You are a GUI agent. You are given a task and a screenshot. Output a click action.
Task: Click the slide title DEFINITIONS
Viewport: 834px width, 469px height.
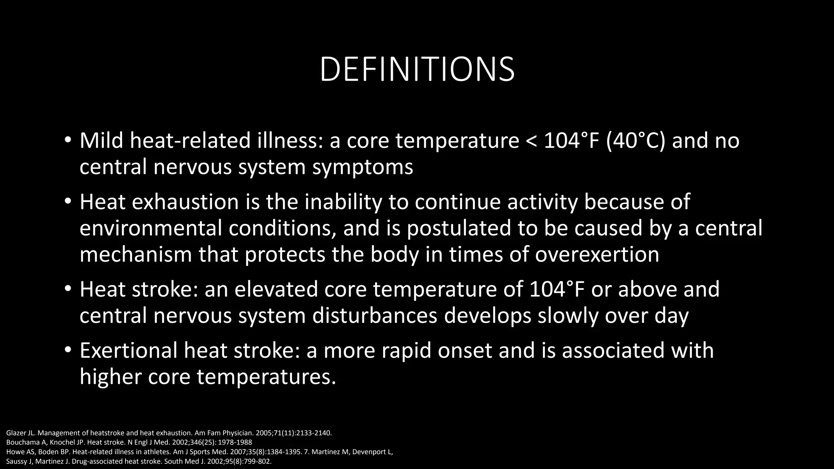point(417,69)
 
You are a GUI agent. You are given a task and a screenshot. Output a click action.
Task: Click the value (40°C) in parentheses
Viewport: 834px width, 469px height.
point(635,141)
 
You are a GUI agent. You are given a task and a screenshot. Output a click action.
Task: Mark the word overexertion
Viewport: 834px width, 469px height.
point(597,254)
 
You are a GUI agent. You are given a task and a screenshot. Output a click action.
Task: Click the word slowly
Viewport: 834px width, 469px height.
point(568,316)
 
